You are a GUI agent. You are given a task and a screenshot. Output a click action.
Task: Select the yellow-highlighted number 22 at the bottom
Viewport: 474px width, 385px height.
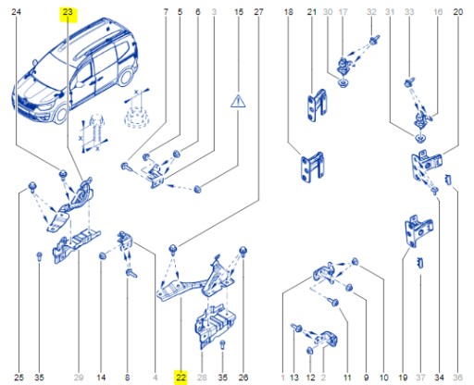(181, 377)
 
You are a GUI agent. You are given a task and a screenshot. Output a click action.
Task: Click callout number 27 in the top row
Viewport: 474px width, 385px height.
(258, 12)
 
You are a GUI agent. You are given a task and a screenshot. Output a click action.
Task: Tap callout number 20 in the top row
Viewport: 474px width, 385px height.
(457, 12)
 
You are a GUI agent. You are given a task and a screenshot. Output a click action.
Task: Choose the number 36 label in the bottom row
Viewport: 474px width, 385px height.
(457, 377)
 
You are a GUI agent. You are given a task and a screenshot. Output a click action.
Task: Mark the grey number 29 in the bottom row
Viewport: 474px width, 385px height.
(79, 377)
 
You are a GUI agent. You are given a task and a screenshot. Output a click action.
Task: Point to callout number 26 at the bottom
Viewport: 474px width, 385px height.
(243, 377)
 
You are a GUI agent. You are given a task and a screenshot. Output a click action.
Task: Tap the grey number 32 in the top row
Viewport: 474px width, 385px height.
(371, 12)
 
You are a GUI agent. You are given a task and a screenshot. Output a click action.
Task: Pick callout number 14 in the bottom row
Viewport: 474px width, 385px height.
(101, 377)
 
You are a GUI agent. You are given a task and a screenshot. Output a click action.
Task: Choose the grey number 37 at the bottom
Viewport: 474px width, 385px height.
(422, 377)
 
